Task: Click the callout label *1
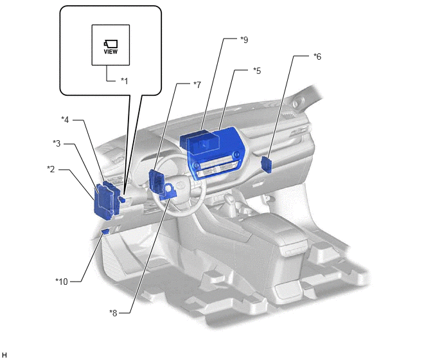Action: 125,81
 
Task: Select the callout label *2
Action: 51,169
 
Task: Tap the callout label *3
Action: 57,143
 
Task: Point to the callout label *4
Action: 65,120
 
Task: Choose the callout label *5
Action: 257,71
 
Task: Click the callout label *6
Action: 317,57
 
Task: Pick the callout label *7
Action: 197,84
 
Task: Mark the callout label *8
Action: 113,312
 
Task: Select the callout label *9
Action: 244,40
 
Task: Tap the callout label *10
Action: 62,282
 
